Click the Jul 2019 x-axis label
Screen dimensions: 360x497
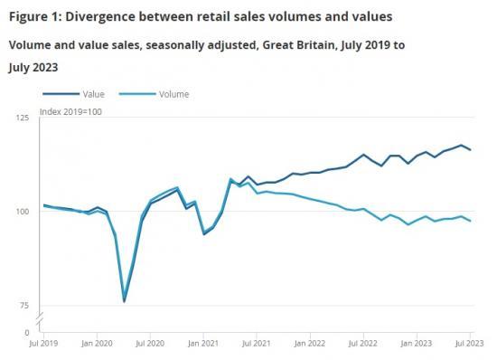point(42,345)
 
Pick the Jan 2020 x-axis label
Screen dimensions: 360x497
point(96,345)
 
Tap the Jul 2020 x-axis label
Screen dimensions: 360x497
point(150,345)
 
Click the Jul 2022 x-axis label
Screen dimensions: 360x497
point(363,345)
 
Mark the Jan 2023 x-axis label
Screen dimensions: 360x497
point(417,345)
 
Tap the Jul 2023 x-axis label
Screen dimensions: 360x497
point(468,345)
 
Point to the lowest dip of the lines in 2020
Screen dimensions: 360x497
point(124,301)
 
